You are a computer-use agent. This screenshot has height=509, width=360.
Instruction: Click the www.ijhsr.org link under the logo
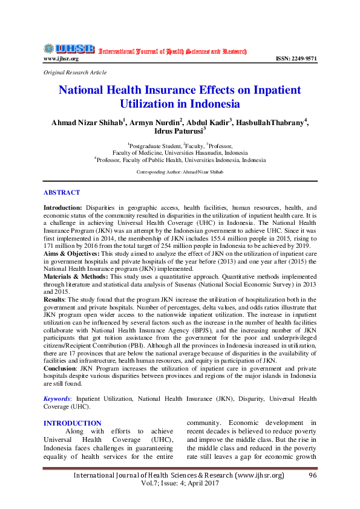click(61, 59)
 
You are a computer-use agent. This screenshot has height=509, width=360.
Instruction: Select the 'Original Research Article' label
click(75, 73)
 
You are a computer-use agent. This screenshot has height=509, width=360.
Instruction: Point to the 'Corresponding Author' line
click(180, 172)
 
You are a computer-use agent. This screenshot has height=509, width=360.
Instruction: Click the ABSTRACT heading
click(61, 192)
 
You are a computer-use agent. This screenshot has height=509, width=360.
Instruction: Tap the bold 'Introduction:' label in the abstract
click(64, 207)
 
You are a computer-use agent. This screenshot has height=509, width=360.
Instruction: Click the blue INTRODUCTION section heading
click(72, 423)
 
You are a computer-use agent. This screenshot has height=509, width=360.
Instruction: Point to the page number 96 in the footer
click(313, 476)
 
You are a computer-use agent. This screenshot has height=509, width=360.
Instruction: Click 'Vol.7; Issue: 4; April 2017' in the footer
click(179, 485)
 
